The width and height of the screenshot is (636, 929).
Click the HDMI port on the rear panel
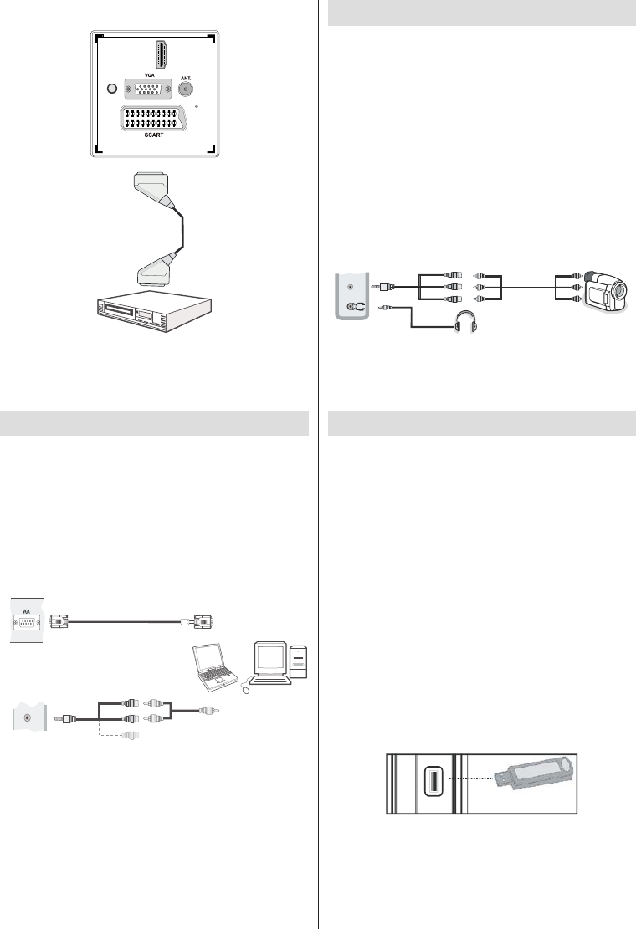click(x=156, y=53)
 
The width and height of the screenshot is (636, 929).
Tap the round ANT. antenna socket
click(x=187, y=89)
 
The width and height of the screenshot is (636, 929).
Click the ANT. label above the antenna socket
click(x=187, y=74)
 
